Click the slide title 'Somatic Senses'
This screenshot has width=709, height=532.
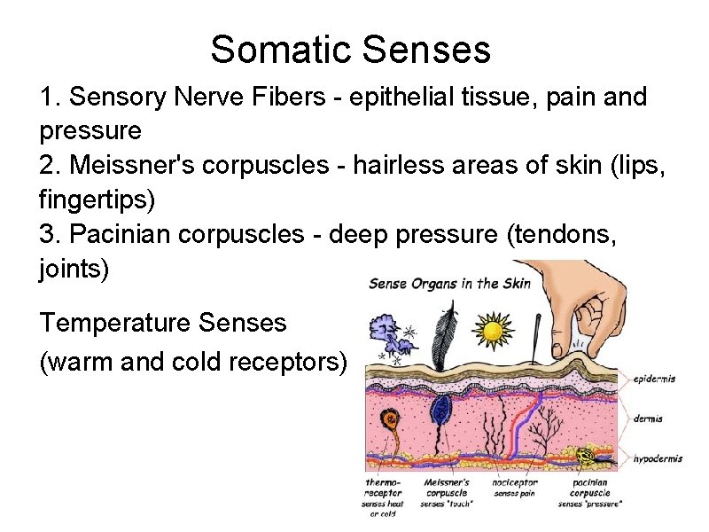coord(350,50)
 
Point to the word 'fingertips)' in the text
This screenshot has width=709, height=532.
coord(97,199)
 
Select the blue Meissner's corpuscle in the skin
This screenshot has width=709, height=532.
coord(440,410)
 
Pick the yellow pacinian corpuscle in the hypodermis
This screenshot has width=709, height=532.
coord(586,457)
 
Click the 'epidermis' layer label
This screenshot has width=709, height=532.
coord(654,379)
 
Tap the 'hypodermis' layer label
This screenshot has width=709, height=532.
coord(658,458)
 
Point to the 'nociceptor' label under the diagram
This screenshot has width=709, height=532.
coord(516,483)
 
